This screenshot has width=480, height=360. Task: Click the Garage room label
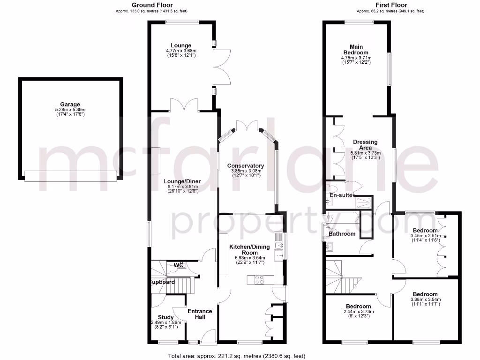pyautogui.click(x=70, y=105)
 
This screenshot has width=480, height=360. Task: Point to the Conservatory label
pyautogui.click(x=246, y=166)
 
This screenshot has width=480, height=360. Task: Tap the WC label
pyautogui.click(x=178, y=265)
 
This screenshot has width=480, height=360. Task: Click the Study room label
pyautogui.click(x=166, y=317)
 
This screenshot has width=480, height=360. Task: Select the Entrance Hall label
pyautogui.click(x=200, y=314)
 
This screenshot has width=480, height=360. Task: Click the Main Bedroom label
pyautogui.click(x=356, y=50)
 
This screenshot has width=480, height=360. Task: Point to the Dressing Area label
pyautogui.click(x=365, y=144)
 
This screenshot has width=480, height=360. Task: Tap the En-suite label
pyautogui.click(x=341, y=195)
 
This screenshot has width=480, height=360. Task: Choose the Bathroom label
pyautogui.click(x=342, y=233)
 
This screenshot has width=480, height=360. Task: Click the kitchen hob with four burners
pyautogui.click(x=259, y=279)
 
